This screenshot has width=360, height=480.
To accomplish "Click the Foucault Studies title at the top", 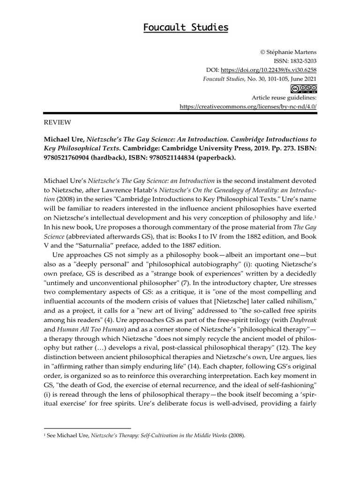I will (x=186, y=28).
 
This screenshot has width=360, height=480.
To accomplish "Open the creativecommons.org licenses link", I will (x=248, y=106).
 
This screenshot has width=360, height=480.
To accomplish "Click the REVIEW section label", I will (x=57, y=122).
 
